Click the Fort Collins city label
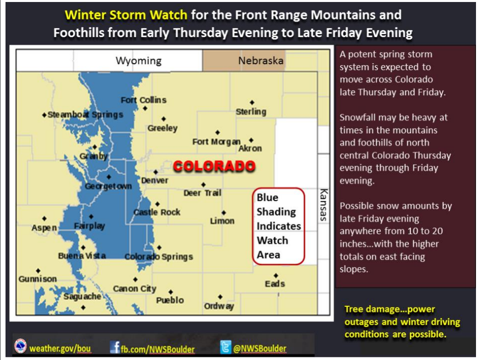(x=144, y=100)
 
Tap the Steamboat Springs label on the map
(x=86, y=115)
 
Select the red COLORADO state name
(x=214, y=166)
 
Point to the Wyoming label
(x=139, y=61)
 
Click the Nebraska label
(x=261, y=61)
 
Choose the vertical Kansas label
(x=324, y=204)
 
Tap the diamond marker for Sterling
(x=252, y=102)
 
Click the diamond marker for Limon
(x=224, y=213)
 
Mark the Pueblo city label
(x=170, y=300)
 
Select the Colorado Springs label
(x=159, y=256)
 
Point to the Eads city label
(x=275, y=284)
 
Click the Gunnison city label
(x=38, y=279)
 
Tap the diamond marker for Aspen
(x=45, y=218)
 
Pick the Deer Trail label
(x=202, y=193)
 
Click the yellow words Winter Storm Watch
(x=126, y=15)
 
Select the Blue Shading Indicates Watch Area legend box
(x=278, y=226)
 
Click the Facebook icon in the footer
(x=115, y=347)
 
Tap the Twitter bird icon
(x=226, y=347)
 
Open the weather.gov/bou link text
(x=60, y=348)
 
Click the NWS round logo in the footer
(x=21, y=346)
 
